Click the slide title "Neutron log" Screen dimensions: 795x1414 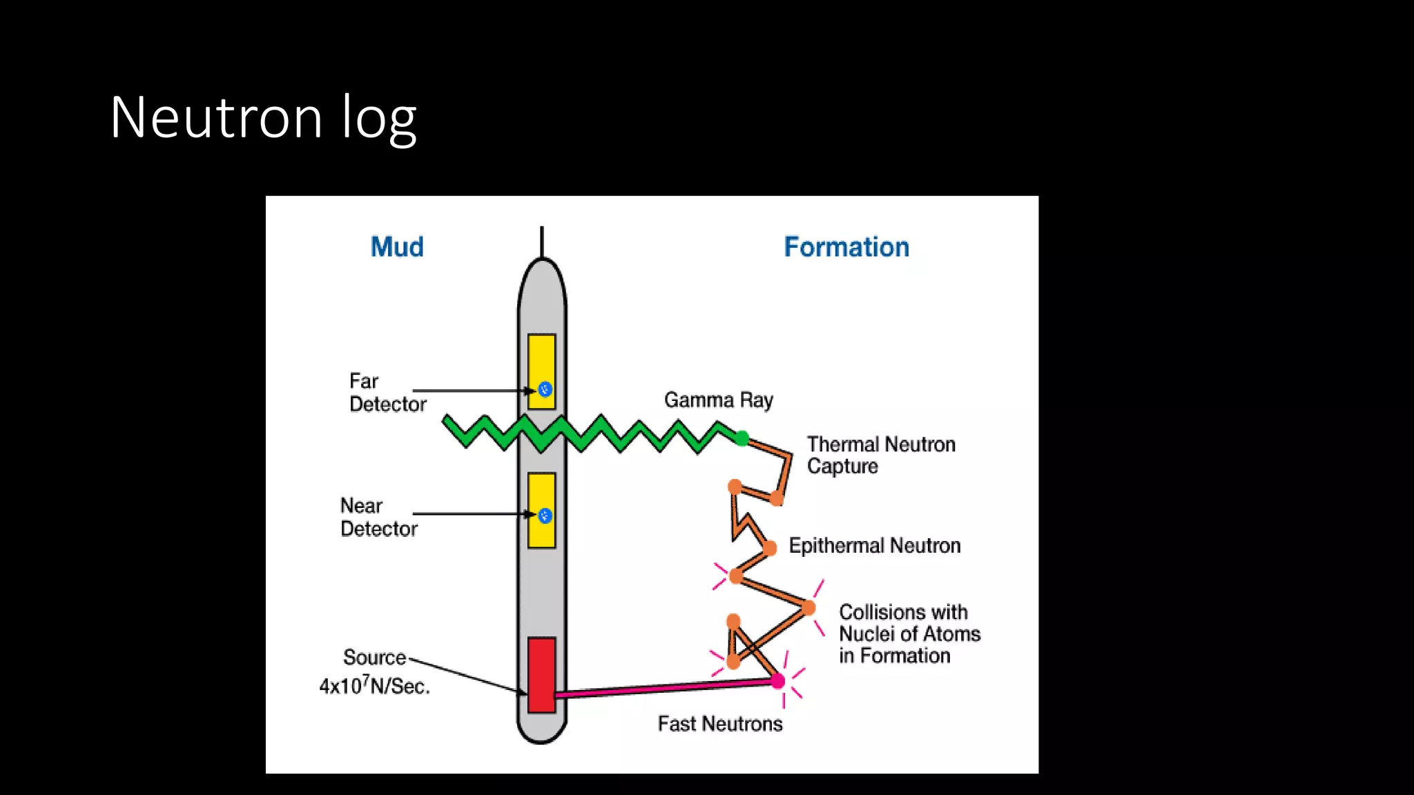(x=263, y=117)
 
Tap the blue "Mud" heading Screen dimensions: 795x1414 (x=397, y=247)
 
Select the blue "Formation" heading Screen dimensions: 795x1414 (x=846, y=247)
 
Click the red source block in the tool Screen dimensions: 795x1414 (x=541, y=674)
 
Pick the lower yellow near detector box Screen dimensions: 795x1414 (x=541, y=493)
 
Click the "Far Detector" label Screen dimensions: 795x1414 (x=387, y=393)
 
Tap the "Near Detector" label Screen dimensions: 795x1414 (x=378, y=517)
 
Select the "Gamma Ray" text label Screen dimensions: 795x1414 (x=718, y=400)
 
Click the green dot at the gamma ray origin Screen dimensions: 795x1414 (x=742, y=438)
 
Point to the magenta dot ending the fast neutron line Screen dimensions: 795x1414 (x=778, y=681)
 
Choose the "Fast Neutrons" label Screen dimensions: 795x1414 (x=720, y=723)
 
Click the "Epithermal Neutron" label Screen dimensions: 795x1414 (x=875, y=546)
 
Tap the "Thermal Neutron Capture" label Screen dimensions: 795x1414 (x=880, y=455)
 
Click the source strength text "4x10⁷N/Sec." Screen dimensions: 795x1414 (x=374, y=686)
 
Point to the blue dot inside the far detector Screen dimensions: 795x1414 (x=545, y=389)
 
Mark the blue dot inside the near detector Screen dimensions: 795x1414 (x=545, y=516)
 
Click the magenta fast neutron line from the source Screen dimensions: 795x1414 (x=663, y=688)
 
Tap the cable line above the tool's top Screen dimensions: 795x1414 (x=542, y=242)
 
